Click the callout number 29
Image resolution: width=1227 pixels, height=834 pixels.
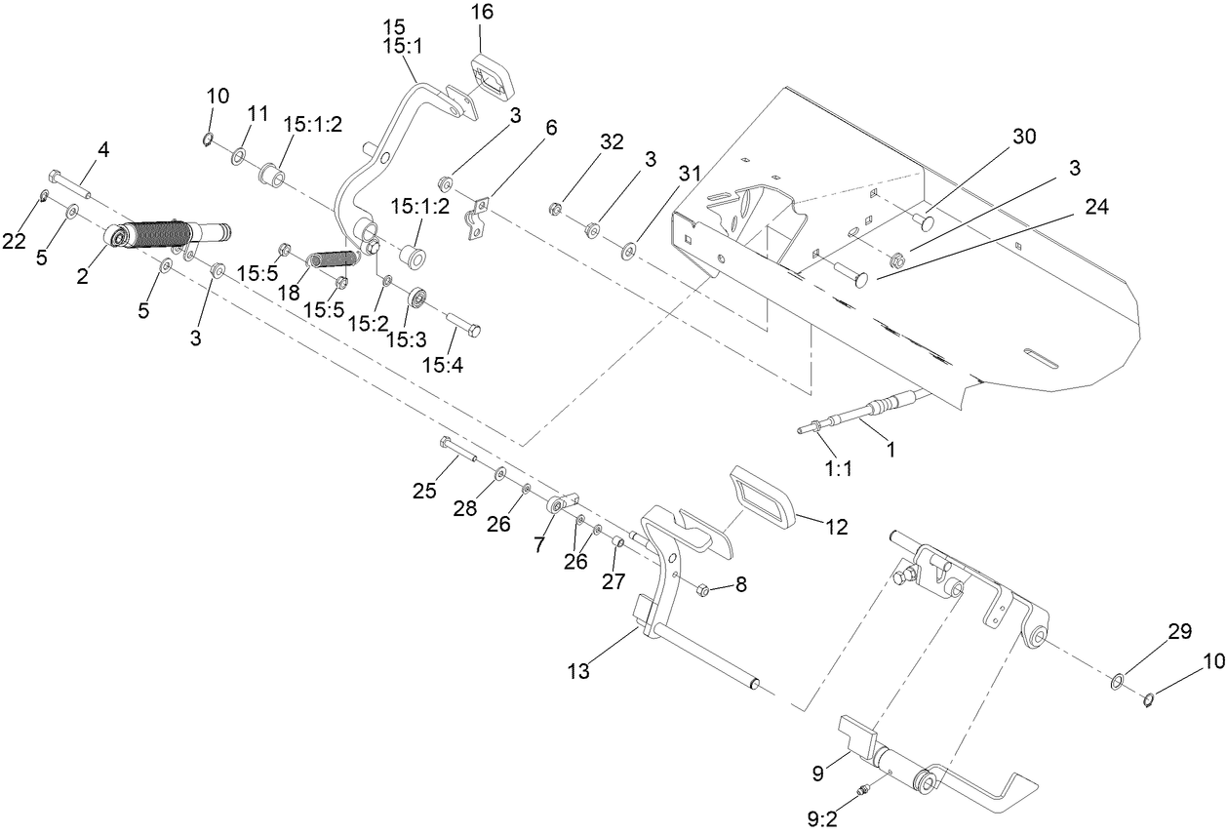point(1179,632)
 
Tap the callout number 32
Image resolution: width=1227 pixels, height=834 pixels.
point(611,140)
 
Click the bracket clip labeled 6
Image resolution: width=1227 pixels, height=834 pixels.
point(476,220)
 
